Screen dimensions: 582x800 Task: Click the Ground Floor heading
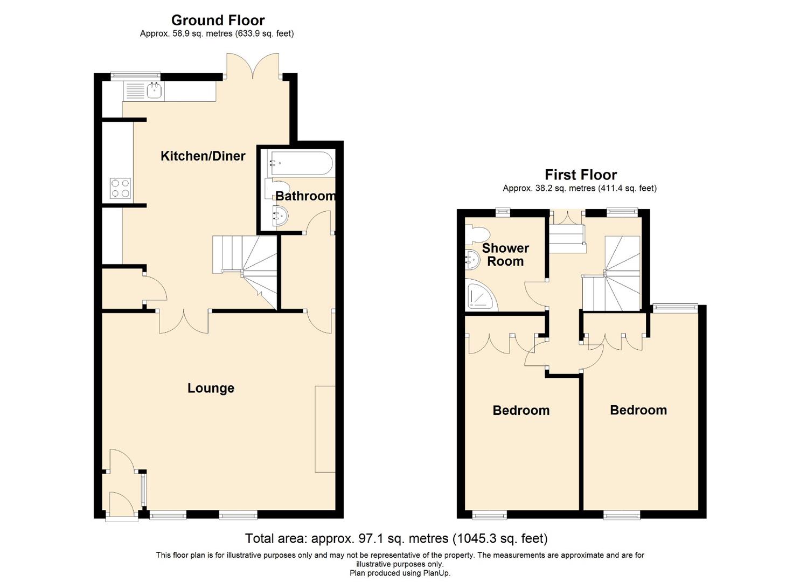point(218,20)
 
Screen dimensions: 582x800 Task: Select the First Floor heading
point(580,175)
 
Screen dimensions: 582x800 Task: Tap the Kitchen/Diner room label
point(203,156)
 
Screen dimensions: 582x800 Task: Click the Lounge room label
point(211,389)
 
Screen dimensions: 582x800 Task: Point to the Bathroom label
point(305,196)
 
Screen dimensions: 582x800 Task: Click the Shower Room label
point(505,255)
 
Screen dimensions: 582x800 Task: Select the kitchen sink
point(155,91)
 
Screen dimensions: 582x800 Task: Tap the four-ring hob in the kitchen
point(120,189)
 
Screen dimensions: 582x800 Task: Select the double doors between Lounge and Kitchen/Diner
point(183,321)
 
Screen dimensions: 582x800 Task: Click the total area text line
point(396,538)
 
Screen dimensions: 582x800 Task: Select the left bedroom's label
point(521,411)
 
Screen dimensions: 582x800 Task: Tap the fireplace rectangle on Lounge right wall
point(325,429)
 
